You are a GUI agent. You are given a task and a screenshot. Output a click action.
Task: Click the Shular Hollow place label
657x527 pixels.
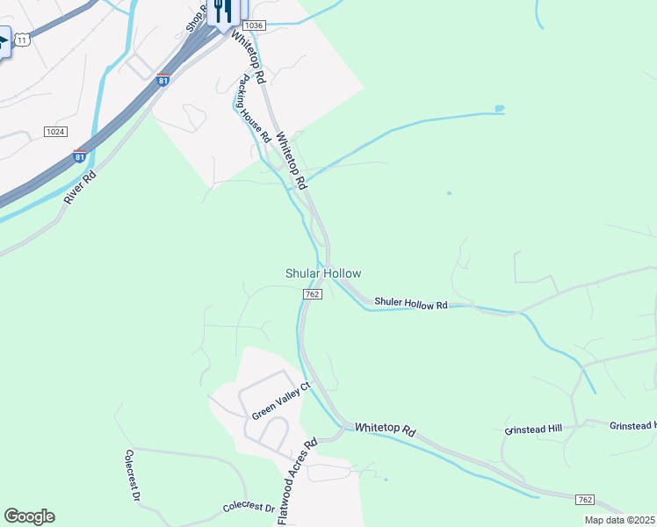click(x=323, y=274)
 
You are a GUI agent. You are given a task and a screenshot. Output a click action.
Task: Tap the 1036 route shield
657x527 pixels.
click(x=254, y=25)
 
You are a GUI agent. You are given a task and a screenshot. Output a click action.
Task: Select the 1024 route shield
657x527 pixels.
click(x=55, y=132)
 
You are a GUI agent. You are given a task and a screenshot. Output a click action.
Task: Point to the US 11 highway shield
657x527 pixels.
click(x=21, y=39)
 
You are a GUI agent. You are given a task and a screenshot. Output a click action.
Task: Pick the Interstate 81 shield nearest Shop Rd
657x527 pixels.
click(x=162, y=81)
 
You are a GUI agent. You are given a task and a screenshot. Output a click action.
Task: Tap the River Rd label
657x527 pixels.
click(x=80, y=187)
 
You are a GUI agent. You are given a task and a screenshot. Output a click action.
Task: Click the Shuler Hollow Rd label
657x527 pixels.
click(x=411, y=304)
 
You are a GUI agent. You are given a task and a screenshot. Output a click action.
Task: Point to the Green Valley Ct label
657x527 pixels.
click(x=282, y=401)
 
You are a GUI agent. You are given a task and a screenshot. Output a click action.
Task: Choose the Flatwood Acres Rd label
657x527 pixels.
click(x=297, y=482)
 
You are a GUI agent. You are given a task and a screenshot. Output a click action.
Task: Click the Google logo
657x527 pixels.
click(x=29, y=516)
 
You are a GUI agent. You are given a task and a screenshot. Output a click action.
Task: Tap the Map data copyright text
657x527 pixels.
click(x=620, y=520)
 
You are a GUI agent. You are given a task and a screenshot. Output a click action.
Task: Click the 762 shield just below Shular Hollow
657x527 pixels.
click(x=312, y=294)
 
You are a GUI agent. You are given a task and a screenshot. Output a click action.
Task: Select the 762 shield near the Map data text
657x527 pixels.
click(x=585, y=500)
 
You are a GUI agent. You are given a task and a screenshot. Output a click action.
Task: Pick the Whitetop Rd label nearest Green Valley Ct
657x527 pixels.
click(x=385, y=430)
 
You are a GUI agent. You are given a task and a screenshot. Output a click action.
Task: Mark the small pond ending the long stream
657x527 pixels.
click(x=500, y=109)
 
